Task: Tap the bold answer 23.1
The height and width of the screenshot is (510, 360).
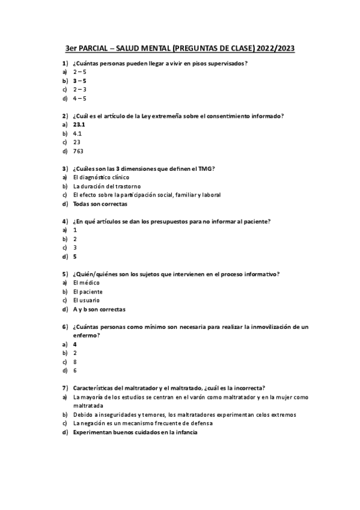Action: pos(79,124)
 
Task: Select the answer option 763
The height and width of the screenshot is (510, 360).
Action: pos(78,151)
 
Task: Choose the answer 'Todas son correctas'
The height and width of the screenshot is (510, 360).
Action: pos(96,204)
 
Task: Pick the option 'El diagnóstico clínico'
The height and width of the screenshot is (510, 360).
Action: pos(101,177)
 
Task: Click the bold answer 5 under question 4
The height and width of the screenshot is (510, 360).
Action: pos(75,257)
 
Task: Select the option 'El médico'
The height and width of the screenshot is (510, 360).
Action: pos(86,283)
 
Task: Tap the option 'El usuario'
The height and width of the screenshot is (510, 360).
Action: pos(87,300)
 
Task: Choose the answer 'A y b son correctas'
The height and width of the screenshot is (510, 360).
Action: pos(99,309)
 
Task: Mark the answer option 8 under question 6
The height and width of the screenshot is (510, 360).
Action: pos(75,362)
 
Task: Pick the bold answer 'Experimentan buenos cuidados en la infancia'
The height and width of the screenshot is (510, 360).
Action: pos(135,432)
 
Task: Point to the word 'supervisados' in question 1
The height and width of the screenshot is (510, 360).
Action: pos(229,63)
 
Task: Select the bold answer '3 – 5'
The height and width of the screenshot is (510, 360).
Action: pos(80,80)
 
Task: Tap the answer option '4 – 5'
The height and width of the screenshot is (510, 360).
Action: pos(80,98)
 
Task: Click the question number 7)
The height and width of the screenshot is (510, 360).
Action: pos(64,388)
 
